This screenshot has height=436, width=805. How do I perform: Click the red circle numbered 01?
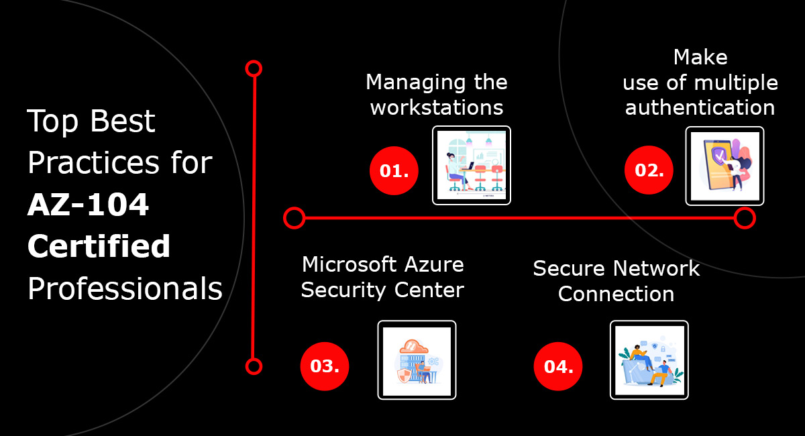[x=394, y=171]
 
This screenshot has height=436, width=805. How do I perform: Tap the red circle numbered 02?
[x=649, y=171]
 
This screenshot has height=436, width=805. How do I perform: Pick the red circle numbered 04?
[x=558, y=366]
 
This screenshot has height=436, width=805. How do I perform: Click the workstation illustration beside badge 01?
[x=472, y=165]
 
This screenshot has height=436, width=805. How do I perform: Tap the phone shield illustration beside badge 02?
[x=725, y=165]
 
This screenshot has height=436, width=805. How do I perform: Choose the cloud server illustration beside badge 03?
[x=417, y=360]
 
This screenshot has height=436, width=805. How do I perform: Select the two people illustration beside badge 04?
[x=649, y=360]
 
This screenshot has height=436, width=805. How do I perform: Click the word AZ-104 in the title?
[x=88, y=206]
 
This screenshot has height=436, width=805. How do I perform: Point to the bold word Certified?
[x=99, y=247]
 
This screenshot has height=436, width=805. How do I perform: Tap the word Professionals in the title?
[x=125, y=289]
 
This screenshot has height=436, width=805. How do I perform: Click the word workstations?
[x=437, y=107]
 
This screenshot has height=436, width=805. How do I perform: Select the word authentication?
[x=700, y=107]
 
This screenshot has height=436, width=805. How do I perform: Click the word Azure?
[x=433, y=264]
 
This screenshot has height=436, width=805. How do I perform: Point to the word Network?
[x=659, y=269]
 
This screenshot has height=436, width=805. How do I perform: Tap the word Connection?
[x=616, y=294]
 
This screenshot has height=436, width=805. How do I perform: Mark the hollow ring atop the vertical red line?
[x=254, y=68]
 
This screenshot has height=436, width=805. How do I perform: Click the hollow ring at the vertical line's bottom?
[x=254, y=366]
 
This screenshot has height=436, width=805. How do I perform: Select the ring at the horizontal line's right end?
[x=745, y=218]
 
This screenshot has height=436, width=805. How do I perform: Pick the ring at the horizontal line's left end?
[x=294, y=218]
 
